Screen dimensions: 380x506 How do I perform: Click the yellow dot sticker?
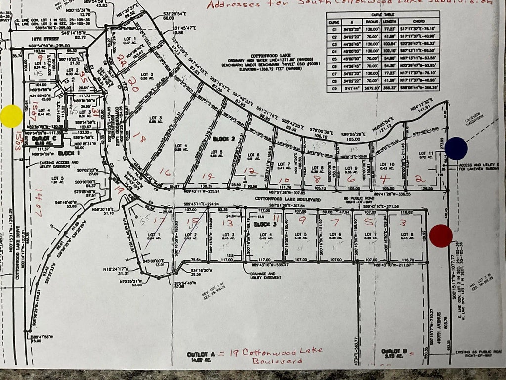11,116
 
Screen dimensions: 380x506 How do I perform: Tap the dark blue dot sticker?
456,148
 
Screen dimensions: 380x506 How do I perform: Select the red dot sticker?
441,236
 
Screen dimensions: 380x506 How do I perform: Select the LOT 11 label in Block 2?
426,154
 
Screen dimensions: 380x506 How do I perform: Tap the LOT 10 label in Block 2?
386,165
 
